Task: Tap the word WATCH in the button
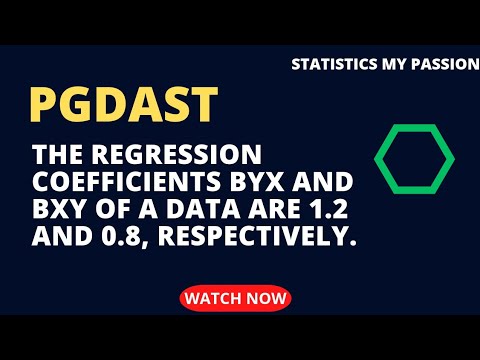214,297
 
